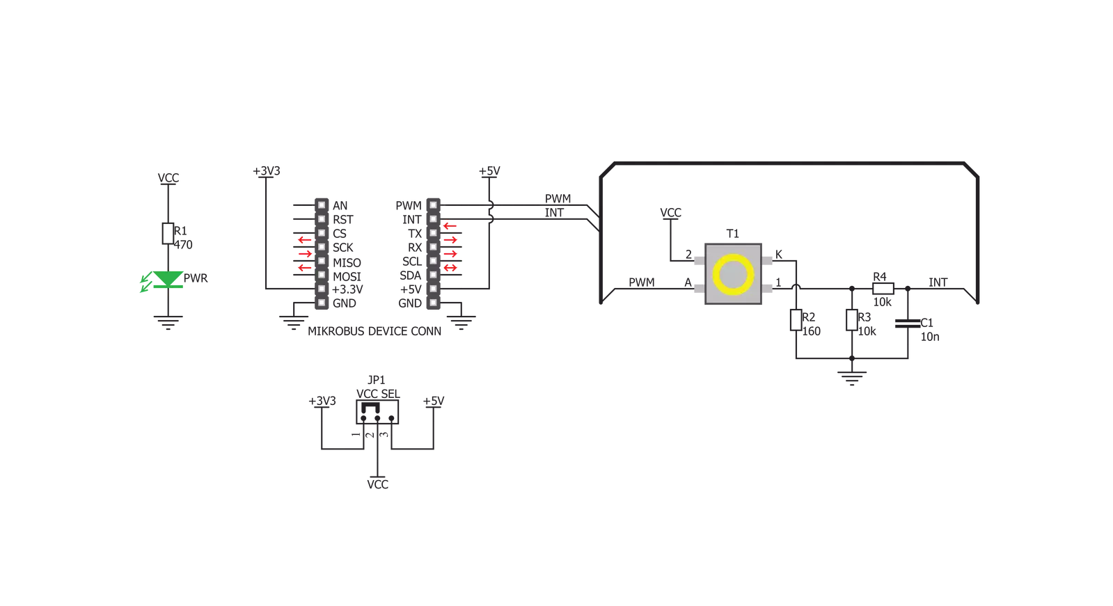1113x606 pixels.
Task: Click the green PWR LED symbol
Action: pos(168,280)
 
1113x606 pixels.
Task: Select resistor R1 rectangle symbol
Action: pos(168,234)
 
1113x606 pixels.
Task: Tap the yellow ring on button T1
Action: pos(733,273)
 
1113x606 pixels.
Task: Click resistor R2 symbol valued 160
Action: pos(796,320)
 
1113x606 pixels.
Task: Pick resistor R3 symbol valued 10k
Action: pos(852,320)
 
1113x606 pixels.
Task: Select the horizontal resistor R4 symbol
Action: pos(883,289)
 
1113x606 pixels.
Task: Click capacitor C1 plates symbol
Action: pos(907,324)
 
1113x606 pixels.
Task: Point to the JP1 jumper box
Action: pos(377,412)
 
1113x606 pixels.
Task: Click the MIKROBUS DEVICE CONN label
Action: pos(374,331)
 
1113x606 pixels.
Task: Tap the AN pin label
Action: pos(340,206)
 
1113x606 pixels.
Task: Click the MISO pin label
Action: pos(347,263)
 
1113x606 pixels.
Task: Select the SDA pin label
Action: pos(411,276)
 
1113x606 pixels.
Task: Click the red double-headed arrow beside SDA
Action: pos(450,269)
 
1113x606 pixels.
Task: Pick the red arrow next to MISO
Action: pos(305,255)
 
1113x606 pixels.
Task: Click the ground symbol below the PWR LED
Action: pos(168,323)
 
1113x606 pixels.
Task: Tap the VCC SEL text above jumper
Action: pos(378,394)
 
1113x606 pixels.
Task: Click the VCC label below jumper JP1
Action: pos(378,484)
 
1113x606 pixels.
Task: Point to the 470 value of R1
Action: pos(183,245)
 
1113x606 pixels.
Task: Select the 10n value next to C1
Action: pos(930,337)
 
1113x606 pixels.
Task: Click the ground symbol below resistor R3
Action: pos(852,378)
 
